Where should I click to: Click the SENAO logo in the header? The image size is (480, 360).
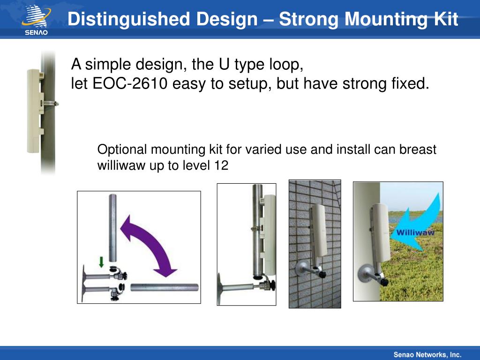[36, 20]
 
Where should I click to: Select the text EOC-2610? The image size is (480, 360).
[130, 83]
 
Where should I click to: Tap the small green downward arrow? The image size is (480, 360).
[101, 262]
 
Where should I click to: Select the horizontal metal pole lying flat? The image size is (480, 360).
[165, 288]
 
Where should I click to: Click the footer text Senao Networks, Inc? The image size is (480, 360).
[427, 354]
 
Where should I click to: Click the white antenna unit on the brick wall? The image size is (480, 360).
[319, 230]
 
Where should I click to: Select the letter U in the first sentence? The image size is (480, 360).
[224, 64]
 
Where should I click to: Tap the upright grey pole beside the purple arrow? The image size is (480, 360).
[113, 228]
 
